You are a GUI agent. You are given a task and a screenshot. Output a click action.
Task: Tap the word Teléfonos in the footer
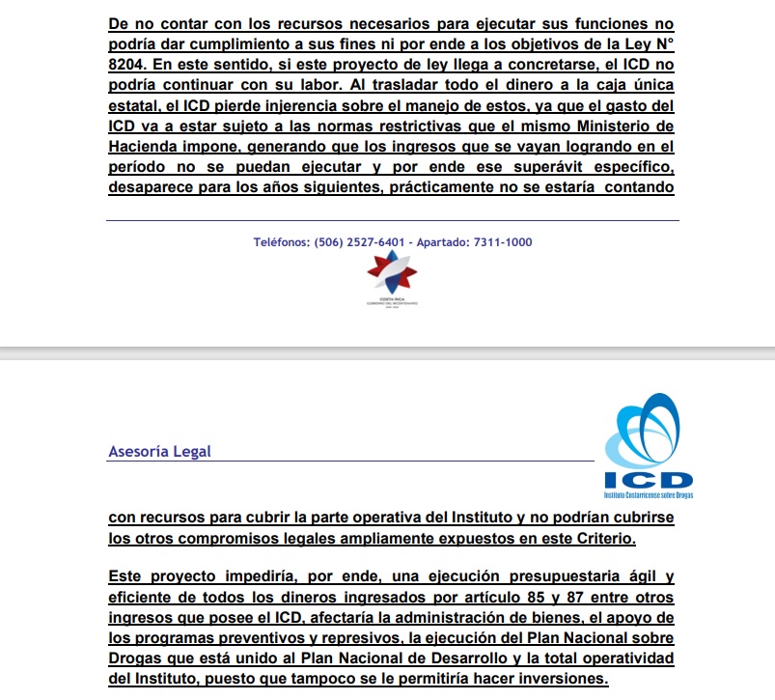[x=281, y=242]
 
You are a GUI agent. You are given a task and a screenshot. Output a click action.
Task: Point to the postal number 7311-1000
[x=502, y=242]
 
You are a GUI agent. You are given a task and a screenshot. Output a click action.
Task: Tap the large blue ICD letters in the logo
[x=648, y=480]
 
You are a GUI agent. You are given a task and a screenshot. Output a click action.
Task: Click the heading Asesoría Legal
[x=160, y=451]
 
